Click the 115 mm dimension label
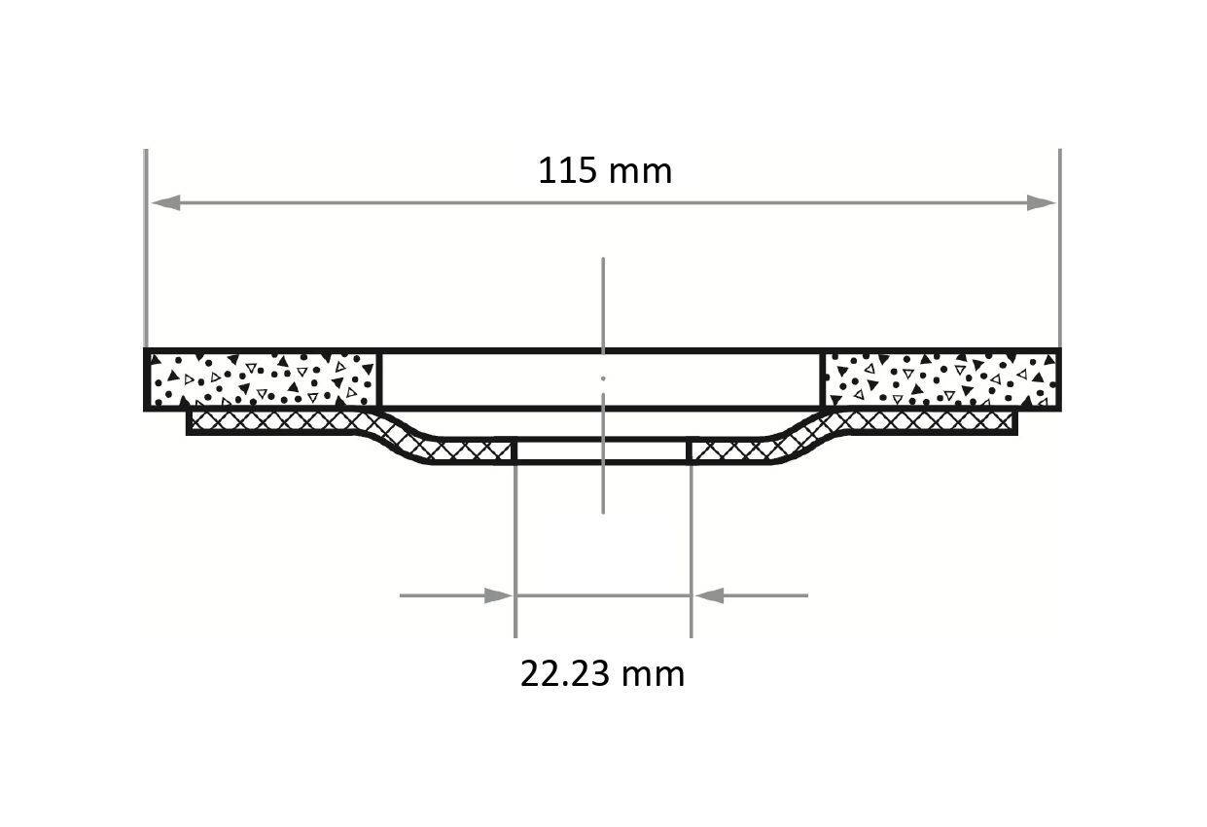604,171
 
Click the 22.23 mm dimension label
602,673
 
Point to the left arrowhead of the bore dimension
498,595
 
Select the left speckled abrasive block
262,379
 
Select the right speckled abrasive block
941,379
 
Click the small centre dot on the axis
603,378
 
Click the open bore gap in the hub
602,451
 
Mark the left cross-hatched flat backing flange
272,421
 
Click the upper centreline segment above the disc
603,302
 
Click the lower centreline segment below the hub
603,486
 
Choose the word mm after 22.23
655,673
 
